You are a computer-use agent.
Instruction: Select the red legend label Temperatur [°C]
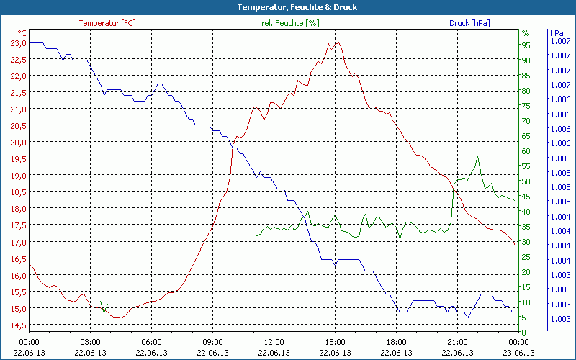coord(107,23)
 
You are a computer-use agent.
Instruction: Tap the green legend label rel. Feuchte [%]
coord(290,23)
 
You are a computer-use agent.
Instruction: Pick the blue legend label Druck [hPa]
coord(469,23)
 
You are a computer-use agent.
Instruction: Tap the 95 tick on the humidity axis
coord(526,45)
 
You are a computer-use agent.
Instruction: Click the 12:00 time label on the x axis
coord(274,341)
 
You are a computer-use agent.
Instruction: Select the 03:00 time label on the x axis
coord(90,341)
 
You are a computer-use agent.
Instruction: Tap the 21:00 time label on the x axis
coord(458,341)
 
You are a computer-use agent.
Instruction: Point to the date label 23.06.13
coord(519,353)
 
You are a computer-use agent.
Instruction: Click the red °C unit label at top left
coord(22,33)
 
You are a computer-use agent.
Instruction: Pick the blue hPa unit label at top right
coord(557,33)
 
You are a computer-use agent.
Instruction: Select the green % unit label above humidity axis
coord(526,33)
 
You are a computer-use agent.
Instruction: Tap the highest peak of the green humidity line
coord(477,156)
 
